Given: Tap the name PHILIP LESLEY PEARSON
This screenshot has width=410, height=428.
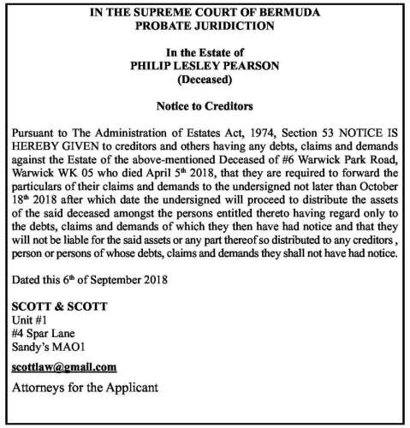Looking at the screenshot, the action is [x=205, y=65].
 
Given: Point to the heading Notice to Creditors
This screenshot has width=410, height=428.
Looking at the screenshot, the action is [x=205, y=107].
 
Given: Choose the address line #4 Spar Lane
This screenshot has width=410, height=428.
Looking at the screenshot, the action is [x=43, y=334].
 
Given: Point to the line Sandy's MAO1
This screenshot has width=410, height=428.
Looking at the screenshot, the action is [x=48, y=348].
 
